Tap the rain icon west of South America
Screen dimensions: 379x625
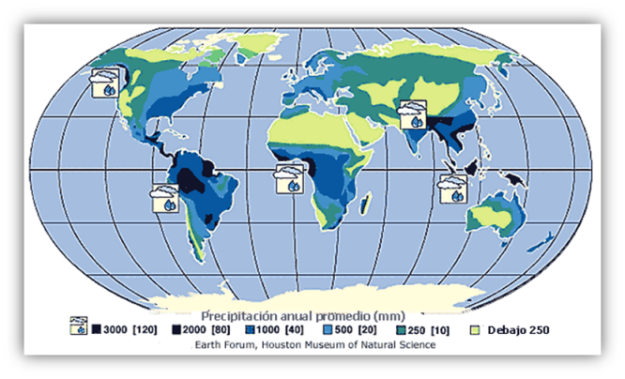[166, 199]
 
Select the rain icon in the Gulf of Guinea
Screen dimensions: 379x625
[288, 178]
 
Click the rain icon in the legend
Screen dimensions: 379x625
[80, 327]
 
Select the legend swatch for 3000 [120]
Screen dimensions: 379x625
[97, 329]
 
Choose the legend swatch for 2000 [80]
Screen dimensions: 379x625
[176, 329]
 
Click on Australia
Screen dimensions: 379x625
[495, 216]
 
